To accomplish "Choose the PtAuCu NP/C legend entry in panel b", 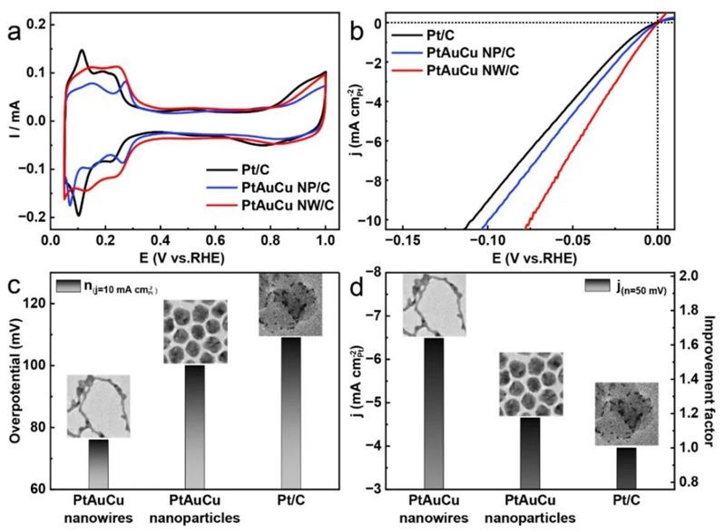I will point(468,53).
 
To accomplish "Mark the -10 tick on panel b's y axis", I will point(370,220).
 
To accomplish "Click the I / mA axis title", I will point(12,120).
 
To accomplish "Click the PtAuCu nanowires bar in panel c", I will point(98,463).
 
